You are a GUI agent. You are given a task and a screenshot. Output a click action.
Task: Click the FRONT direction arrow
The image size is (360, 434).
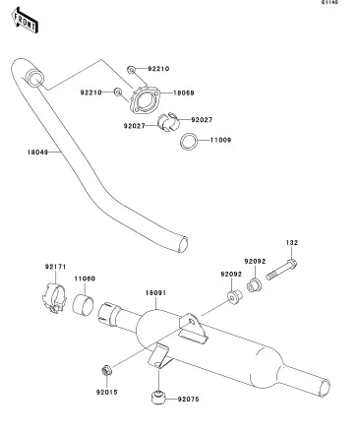pos(25,21)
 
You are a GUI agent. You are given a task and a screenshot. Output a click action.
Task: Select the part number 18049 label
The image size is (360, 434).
pos(37,153)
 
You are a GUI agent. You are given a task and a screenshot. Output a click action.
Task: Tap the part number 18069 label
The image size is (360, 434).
pos(184,93)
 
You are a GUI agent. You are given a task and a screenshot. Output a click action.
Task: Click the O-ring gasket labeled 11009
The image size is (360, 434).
pos(189,142)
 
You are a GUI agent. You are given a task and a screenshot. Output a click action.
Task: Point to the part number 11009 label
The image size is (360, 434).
pos(220,140)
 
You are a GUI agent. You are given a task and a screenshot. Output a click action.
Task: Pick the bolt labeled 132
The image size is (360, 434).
pos(281,270)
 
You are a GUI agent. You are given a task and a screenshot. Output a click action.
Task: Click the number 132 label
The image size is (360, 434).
pos(292,243)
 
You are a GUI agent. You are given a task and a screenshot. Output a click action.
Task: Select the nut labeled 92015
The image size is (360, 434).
pos(106,371)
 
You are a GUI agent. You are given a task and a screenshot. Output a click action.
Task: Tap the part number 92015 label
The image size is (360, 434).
pos(106,393)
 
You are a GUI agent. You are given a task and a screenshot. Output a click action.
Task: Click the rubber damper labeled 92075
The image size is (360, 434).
pos(158,398)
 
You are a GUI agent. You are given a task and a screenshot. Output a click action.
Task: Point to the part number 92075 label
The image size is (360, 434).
pos(189,400)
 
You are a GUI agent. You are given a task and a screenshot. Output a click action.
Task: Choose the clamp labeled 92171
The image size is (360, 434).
pos(54,297)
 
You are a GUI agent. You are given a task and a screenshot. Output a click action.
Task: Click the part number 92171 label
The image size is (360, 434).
pos(55,267)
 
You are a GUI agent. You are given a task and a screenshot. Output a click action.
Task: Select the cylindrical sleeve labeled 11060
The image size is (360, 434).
pos(83,304)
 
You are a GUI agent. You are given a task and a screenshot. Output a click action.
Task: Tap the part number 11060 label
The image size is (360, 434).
pos(85,279)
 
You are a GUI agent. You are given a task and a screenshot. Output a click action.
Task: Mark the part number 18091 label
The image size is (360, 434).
pos(155,293)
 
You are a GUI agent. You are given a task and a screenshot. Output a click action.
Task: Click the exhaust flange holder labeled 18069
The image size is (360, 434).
pos(145,99)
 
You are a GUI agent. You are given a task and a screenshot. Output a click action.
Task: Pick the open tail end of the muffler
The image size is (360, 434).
pos(325,389)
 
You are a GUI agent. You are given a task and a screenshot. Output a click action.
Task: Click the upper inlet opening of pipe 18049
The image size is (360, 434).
pos(35,79)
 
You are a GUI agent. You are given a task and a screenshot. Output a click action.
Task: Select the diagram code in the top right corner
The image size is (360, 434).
pos(330,3)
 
